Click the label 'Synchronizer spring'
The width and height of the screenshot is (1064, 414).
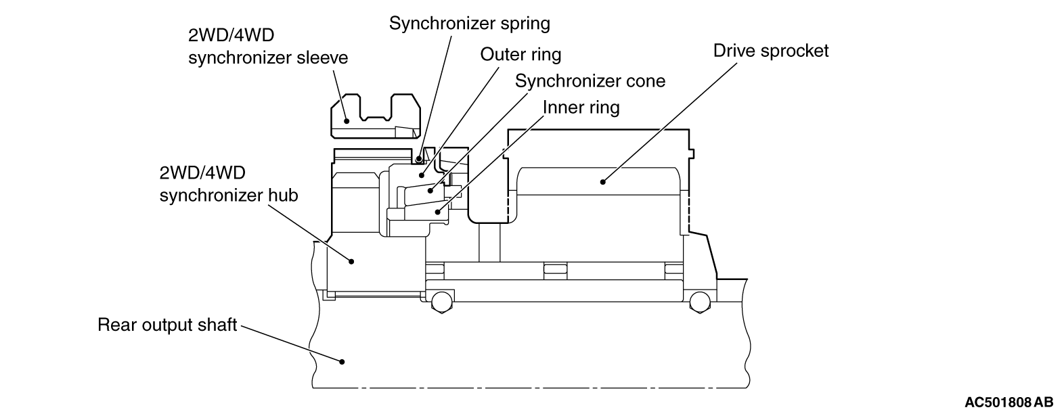pos(469,24)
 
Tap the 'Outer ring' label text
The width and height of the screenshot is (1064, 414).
pos(520,54)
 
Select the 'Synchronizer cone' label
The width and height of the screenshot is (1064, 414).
pos(590,81)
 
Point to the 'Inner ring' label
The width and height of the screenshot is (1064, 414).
pos(581,107)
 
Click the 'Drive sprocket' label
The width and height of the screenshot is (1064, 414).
pos(771,51)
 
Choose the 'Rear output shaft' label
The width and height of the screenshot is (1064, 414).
pos(167,325)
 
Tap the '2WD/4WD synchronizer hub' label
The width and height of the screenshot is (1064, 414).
pos(229,185)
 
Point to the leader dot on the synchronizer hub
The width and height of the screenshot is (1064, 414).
pos(351,260)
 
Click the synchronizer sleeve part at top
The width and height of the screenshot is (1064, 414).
pos(376,112)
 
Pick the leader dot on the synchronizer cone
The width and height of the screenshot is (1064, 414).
pos(431,191)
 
